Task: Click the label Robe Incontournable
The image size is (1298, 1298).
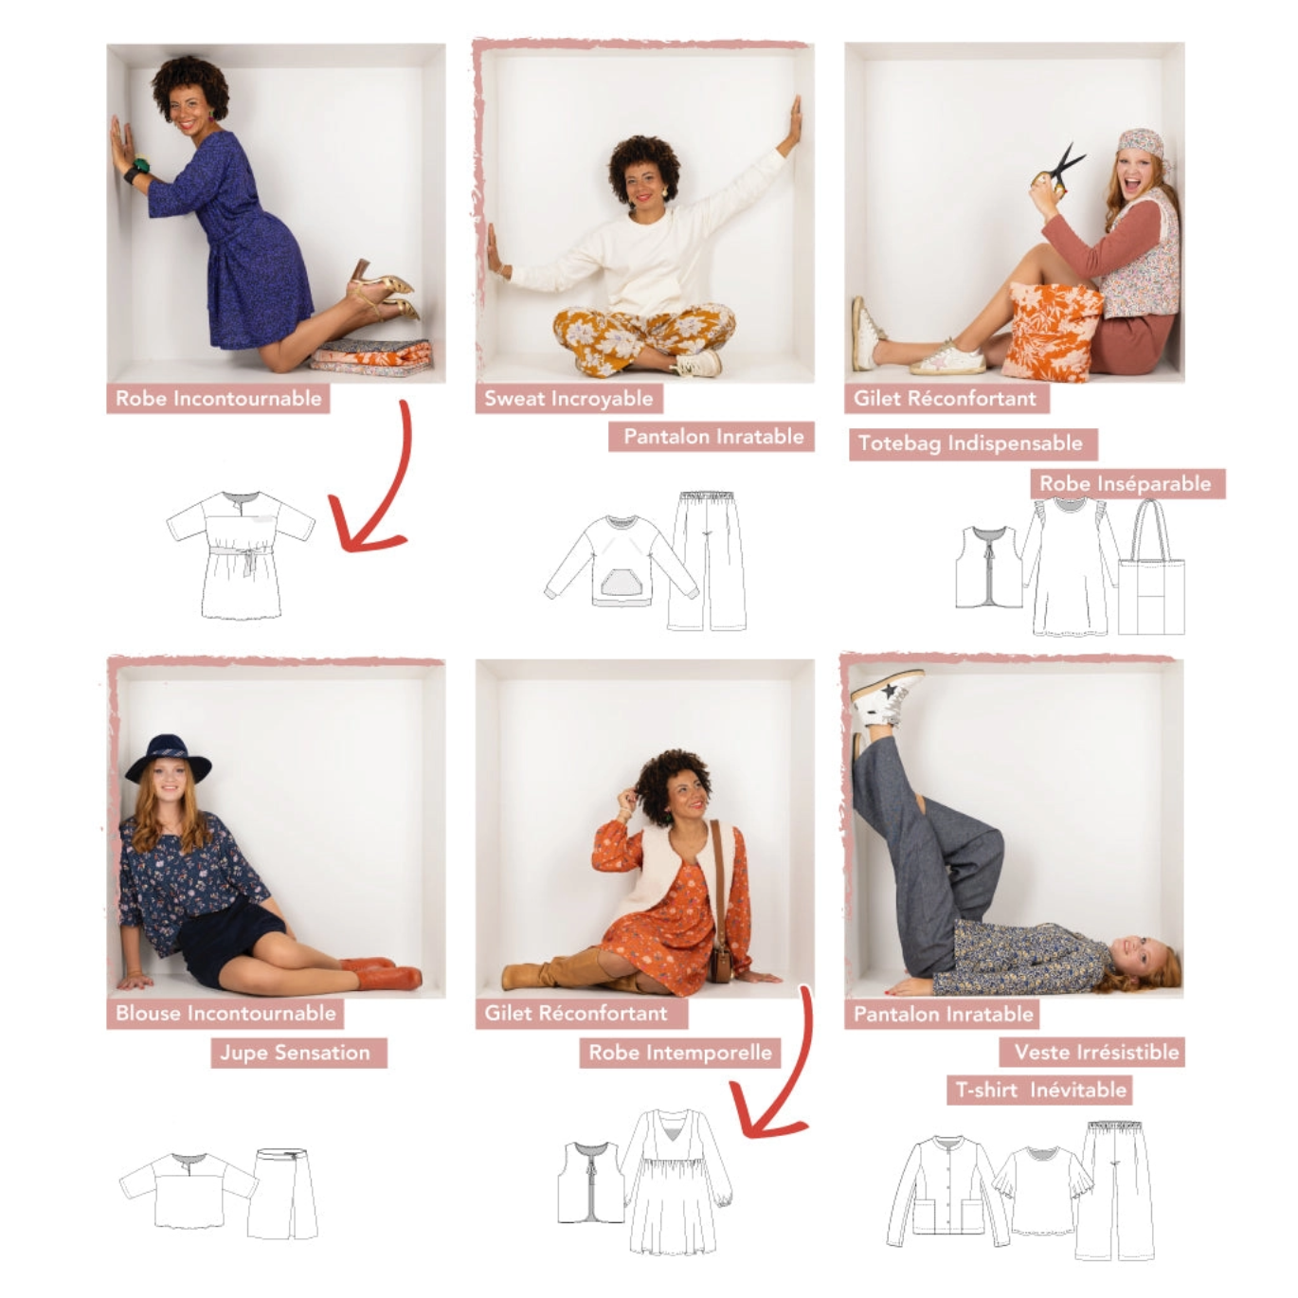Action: [218, 398]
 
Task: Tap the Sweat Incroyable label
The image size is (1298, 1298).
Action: [568, 398]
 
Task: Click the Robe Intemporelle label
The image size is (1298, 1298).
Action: [679, 1053]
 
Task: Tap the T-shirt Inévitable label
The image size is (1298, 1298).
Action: [1040, 1090]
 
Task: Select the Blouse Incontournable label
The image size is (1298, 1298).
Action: [225, 1013]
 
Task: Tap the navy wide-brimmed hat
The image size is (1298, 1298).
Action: [168, 759]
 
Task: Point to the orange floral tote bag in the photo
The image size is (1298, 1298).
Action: [1052, 331]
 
